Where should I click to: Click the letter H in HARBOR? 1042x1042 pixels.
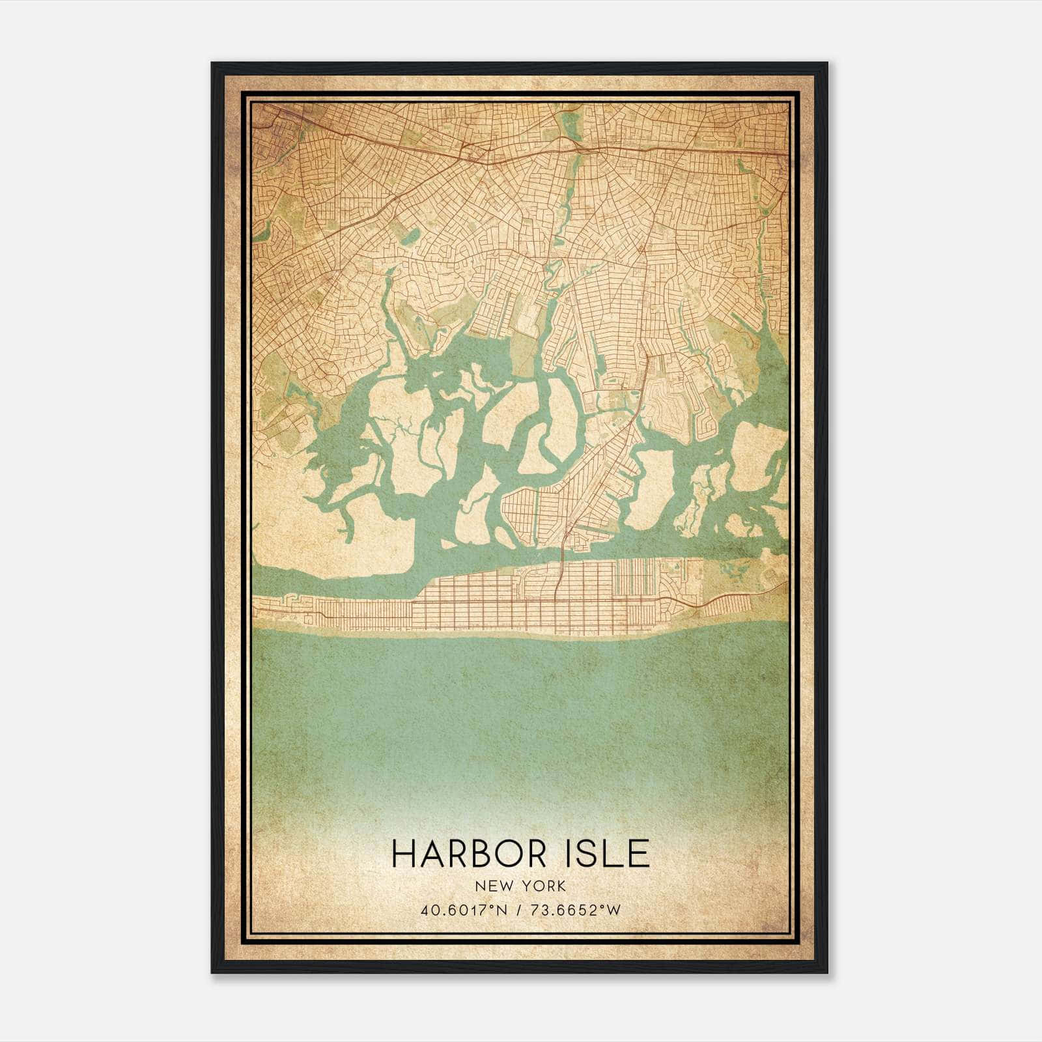[404, 854]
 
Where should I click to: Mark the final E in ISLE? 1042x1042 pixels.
[640, 854]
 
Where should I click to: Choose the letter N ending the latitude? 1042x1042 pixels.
[500, 910]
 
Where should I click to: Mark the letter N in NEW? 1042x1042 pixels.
[481, 886]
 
